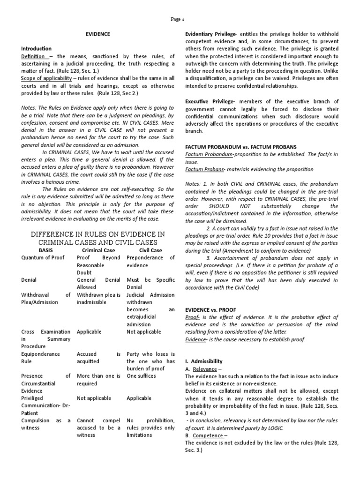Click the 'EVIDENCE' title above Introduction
coord(97,34)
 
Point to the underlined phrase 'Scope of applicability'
coord(46,78)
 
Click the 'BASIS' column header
coord(45,250)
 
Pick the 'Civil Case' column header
coord(150,250)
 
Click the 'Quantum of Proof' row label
coord(43,258)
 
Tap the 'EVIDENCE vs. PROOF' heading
coord(210,310)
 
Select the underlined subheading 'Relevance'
coord(205,369)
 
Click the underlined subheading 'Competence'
coord(207,435)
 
